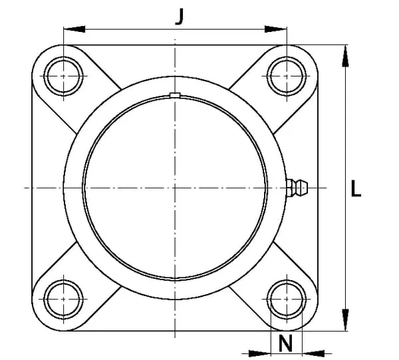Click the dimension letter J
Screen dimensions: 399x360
(x=180, y=17)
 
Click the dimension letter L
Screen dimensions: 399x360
(x=356, y=188)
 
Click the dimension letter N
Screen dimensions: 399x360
(x=286, y=343)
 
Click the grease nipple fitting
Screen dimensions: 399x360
(x=297, y=188)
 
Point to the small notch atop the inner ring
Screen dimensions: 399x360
(x=175, y=95)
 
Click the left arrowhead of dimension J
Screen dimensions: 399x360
(x=74, y=29)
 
